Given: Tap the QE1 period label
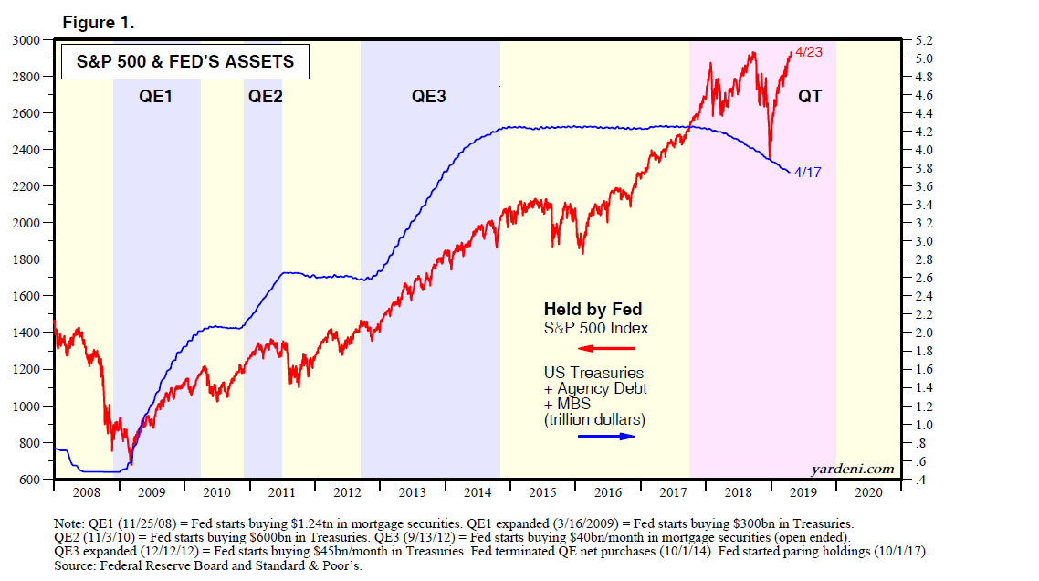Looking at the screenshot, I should (156, 95).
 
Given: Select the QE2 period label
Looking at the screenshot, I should (265, 95).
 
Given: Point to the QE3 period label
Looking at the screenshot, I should (428, 95).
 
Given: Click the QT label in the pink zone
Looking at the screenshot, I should (810, 95).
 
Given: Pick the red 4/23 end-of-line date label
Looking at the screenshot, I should (808, 53).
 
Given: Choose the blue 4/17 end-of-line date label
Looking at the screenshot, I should (808, 172).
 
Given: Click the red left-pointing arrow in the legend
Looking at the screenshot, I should (606, 348).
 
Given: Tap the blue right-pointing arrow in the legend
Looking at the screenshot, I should (606, 437).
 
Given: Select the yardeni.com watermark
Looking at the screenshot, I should (853, 469).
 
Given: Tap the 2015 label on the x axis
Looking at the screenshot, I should (542, 492).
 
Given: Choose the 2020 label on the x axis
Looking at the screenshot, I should (868, 492).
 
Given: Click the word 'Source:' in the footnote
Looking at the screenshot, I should (78, 566).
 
